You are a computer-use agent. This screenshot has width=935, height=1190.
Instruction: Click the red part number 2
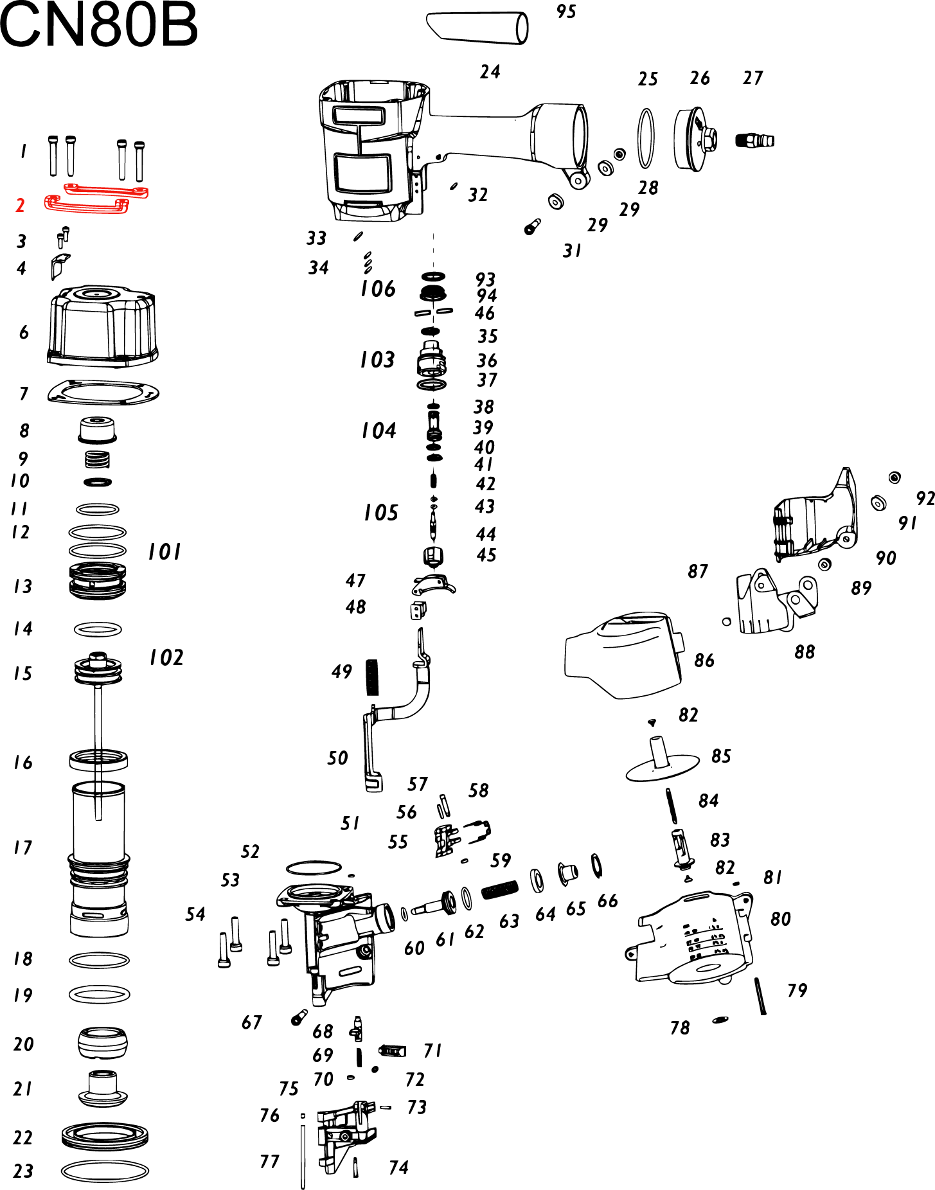click(x=20, y=206)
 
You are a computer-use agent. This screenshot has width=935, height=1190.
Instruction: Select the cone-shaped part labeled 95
click(x=477, y=27)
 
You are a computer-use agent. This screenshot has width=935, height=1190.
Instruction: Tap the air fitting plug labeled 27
click(x=754, y=139)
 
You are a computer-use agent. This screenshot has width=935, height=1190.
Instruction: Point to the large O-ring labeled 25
click(x=646, y=138)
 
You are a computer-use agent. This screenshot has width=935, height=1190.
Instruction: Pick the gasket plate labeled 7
click(x=103, y=392)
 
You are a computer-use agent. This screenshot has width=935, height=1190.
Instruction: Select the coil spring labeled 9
click(x=97, y=459)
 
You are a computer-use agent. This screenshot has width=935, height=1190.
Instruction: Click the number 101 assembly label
click(x=165, y=551)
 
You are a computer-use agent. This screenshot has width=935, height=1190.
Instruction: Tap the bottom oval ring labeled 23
click(x=104, y=1170)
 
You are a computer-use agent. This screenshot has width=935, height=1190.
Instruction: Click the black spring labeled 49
click(x=372, y=677)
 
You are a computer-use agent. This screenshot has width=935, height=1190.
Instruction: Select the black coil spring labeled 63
click(x=499, y=889)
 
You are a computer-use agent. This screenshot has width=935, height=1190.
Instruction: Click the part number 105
click(x=381, y=513)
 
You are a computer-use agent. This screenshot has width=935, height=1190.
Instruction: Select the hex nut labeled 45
click(x=434, y=555)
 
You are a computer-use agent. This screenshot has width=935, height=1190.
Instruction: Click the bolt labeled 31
click(x=532, y=227)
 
